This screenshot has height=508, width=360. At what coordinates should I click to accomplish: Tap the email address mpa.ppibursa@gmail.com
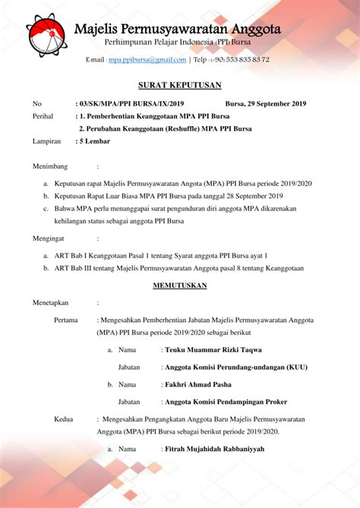pos(147,59)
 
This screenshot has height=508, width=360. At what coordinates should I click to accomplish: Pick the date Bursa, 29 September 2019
pos(266,103)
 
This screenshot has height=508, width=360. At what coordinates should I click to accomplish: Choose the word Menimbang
pos(50,166)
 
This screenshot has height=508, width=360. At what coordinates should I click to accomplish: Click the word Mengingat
pos(49,238)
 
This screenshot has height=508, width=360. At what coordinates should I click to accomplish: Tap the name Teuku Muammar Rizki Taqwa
pos(213,349)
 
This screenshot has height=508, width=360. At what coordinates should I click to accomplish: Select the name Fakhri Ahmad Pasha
pos(200,384)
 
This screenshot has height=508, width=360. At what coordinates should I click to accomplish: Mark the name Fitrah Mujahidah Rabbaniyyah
pos(215,449)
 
